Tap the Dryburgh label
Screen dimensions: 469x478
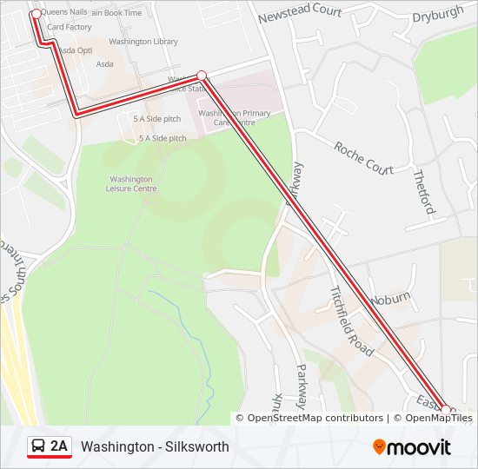point(440,17)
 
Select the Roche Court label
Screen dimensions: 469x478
point(363,157)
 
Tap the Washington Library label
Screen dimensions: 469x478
point(143,42)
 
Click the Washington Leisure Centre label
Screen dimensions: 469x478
point(131,183)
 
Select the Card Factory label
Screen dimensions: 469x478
point(70,27)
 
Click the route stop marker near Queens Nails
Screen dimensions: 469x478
point(36,14)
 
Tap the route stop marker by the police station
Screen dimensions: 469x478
point(202,76)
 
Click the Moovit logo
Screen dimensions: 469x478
point(412,447)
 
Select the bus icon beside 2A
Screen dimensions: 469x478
point(39,446)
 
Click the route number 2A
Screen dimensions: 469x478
point(59,446)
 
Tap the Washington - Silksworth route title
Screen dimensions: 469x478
point(155,446)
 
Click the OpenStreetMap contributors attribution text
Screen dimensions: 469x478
point(315,418)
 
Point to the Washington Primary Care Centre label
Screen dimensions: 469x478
point(234,118)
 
